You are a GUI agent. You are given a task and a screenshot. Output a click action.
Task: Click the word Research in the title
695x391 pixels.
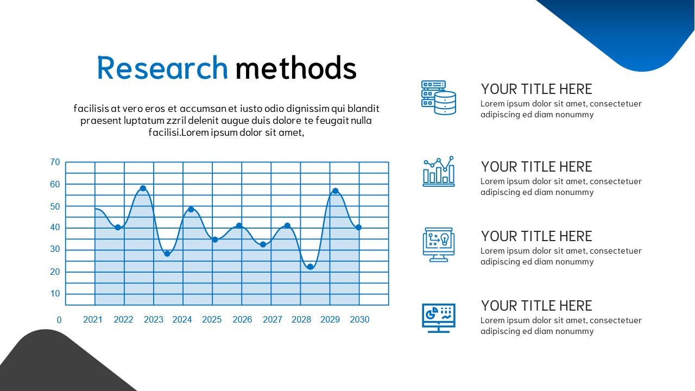pos(162,68)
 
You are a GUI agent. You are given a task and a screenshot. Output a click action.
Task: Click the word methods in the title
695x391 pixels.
pos(296,68)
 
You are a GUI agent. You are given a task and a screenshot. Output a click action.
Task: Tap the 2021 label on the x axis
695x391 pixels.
pos(93,319)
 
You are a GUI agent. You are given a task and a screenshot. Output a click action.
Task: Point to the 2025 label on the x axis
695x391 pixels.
pos(212,319)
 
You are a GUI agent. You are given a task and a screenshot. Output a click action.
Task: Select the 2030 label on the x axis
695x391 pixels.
pos(359,319)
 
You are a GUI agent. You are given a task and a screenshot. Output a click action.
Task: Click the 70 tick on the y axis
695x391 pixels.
pos(55,162)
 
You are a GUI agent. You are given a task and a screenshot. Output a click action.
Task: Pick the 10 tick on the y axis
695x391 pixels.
pos(55,294)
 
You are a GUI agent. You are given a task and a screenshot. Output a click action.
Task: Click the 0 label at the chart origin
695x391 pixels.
pos(59,320)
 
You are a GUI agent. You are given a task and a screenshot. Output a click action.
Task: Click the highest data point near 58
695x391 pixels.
pos(143,188)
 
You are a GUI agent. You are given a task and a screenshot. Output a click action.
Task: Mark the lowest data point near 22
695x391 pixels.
pos(310,267)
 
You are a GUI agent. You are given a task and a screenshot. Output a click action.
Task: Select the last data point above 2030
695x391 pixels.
pos(358,228)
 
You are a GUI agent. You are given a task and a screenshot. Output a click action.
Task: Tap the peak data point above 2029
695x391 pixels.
pos(335,191)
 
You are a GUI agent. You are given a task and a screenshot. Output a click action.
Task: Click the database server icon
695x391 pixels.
pos(439,98)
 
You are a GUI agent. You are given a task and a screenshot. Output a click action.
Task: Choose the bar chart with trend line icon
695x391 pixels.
pos(439,172)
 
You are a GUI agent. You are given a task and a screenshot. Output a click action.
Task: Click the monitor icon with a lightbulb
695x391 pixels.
pos(439,244)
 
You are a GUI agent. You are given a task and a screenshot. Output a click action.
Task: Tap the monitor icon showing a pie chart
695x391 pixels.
pos(439,318)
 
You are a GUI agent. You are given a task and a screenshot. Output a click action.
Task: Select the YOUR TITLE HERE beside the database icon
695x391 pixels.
pos(536,89)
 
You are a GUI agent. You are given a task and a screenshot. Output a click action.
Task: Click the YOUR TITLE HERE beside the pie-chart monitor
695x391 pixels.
pos(536,306)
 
